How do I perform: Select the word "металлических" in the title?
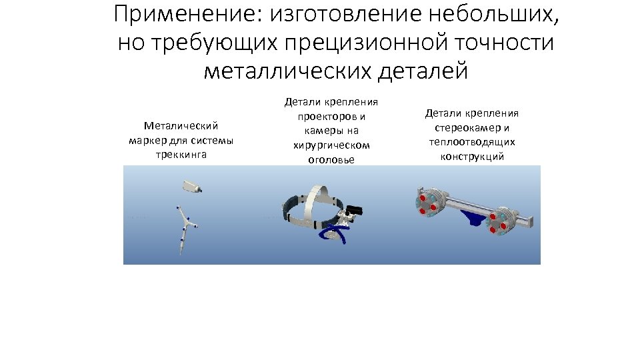[x=287, y=71]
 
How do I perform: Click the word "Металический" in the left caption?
[x=181, y=125]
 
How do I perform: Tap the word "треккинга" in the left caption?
[x=181, y=154]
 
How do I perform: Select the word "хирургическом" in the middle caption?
[x=331, y=145]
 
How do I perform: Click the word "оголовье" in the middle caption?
[x=331, y=160]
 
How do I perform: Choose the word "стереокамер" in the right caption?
[x=467, y=127]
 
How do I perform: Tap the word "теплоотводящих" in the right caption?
[x=472, y=142]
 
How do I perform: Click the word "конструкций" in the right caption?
[x=472, y=157]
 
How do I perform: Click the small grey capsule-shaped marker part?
[x=193, y=187]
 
